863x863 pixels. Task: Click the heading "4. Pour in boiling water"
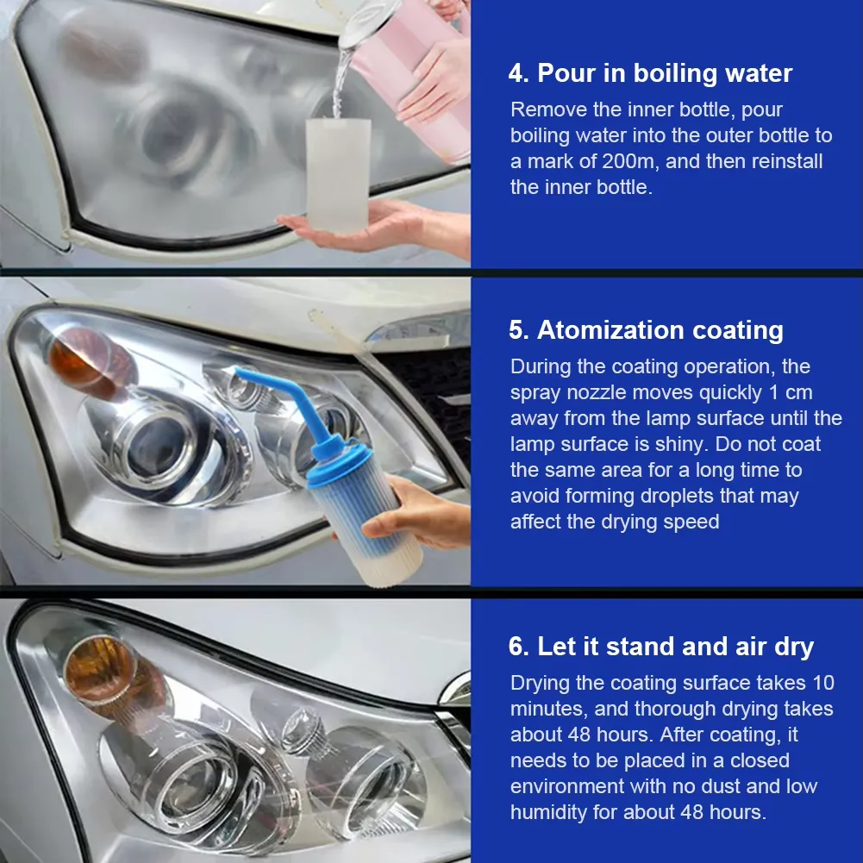click(650, 73)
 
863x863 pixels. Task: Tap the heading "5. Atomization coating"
click(646, 329)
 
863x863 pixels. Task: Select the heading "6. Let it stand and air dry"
click(661, 646)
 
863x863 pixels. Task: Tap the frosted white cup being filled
click(339, 175)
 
